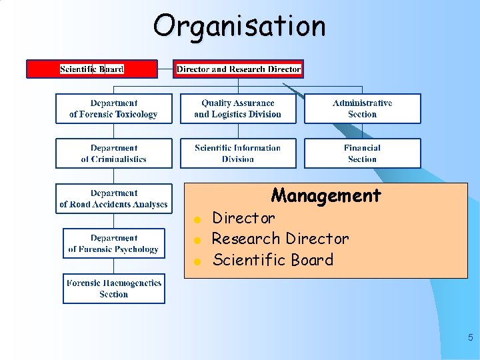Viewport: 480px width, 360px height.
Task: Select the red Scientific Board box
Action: click(x=92, y=69)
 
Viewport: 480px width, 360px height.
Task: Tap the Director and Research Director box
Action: click(x=239, y=69)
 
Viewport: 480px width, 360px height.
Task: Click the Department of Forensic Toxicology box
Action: click(x=113, y=109)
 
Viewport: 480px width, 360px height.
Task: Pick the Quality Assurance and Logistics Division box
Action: click(x=238, y=109)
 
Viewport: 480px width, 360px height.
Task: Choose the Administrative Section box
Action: click(x=363, y=109)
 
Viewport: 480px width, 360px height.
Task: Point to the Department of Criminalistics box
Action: click(x=113, y=153)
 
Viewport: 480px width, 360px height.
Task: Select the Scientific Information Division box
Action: click(x=238, y=153)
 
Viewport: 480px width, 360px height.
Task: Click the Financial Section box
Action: click(x=363, y=153)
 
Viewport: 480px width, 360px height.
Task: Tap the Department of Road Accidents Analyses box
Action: click(x=113, y=199)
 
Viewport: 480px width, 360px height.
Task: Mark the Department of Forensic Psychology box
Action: click(x=113, y=243)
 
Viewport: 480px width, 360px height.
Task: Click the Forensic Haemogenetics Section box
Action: click(x=113, y=289)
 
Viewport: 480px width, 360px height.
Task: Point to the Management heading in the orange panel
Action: click(x=326, y=195)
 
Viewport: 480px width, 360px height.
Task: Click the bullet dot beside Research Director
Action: click(x=197, y=240)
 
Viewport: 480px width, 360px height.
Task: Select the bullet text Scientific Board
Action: click(x=273, y=259)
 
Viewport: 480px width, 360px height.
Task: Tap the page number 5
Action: click(x=470, y=337)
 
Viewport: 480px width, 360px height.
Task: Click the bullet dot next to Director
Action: click(x=197, y=219)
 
